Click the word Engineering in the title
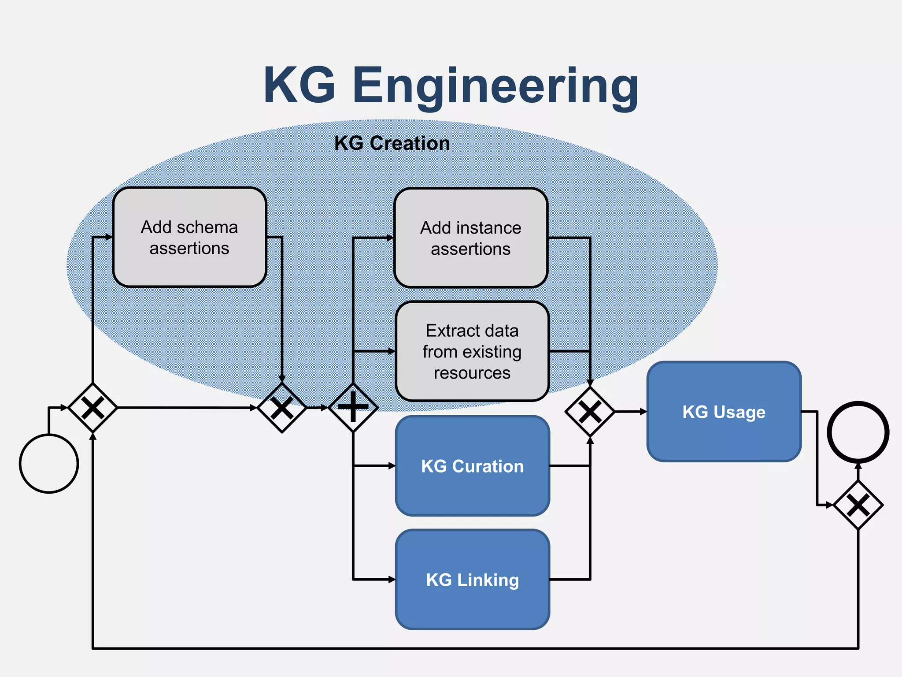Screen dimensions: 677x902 click(x=495, y=86)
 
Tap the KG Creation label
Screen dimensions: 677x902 click(x=392, y=143)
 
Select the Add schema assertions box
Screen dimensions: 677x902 click(x=189, y=238)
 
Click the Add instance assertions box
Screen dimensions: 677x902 click(x=470, y=238)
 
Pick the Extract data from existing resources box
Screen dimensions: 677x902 click(x=472, y=351)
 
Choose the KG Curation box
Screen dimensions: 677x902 click(x=472, y=466)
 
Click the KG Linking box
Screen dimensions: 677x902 click(x=472, y=580)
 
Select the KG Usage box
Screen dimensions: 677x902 click(x=724, y=412)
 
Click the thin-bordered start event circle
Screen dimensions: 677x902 click(x=49, y=463)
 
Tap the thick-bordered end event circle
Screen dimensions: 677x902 click(x=858, y=432)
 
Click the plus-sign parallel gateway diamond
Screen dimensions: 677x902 click(x=353, y=408)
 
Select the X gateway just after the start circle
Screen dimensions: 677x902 click(x=92, y=408)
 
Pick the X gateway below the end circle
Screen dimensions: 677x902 click(x=858, y=505)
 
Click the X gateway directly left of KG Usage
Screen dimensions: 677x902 click(x=590, y=412)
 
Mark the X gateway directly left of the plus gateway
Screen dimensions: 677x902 click(x=282, y=408)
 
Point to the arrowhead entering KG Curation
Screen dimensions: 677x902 click(x=392, y=466)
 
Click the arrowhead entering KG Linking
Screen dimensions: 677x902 click(x=392, y=580)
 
